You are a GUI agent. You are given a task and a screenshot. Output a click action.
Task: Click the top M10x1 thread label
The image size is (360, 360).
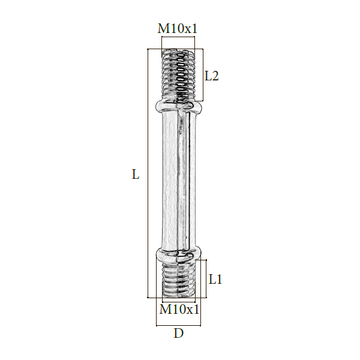coord(177,29)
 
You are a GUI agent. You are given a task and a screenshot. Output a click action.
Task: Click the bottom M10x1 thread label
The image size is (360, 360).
coord(179,309)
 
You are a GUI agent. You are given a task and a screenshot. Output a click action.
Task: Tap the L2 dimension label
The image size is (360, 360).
coord(211,76)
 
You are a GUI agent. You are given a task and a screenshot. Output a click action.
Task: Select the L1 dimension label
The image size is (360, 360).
coord(215,280)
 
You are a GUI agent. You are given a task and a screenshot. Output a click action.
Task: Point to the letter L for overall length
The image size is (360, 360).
coord(136,174)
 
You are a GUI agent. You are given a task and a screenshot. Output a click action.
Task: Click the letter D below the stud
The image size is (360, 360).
coord(178,333)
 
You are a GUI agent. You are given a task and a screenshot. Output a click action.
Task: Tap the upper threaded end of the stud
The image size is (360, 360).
coord(178,74)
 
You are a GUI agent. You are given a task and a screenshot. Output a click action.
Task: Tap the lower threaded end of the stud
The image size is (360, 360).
coord(178,280)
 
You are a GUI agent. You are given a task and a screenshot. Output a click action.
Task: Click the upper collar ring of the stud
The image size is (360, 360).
coord(178,107)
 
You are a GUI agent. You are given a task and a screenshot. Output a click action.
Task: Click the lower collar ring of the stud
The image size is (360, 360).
coord(179,255)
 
